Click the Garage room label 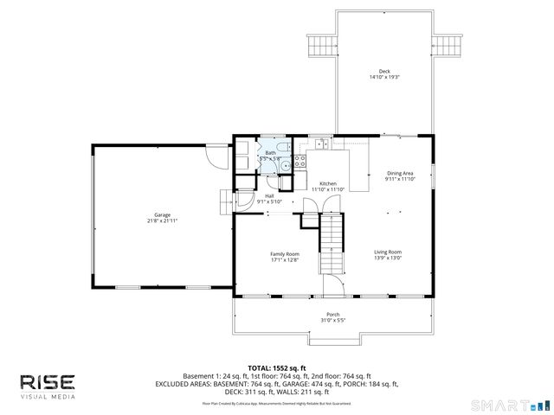tap(162, 214)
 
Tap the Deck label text tap(383, 71)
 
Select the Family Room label tap(285, 253)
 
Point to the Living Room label tap(388, 252)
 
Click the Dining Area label tap(399, 173)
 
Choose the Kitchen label tap(328, 183)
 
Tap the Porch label tap(332, 314)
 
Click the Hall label tap(270, 195)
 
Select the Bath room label tap(270, 152)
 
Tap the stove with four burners tap(300, 162)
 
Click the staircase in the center tap(332, 244)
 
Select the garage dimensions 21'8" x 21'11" tap(162, 221)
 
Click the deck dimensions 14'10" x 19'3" tap(383, 78)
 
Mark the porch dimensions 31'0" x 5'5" tap(332, 321)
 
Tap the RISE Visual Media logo tap(48, 386)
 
